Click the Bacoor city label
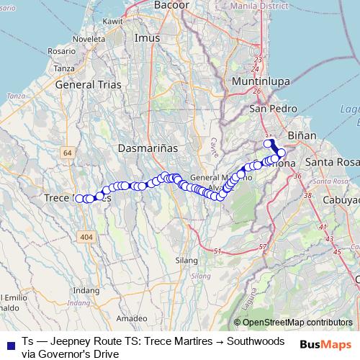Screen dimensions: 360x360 click(x=171, y=5)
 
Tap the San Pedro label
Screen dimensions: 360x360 click(x=268, y=109)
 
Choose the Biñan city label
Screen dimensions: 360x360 click(x=301, y=135)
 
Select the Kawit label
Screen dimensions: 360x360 click(x=113, y=22)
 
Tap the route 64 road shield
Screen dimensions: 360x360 click(x=68, y=153)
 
